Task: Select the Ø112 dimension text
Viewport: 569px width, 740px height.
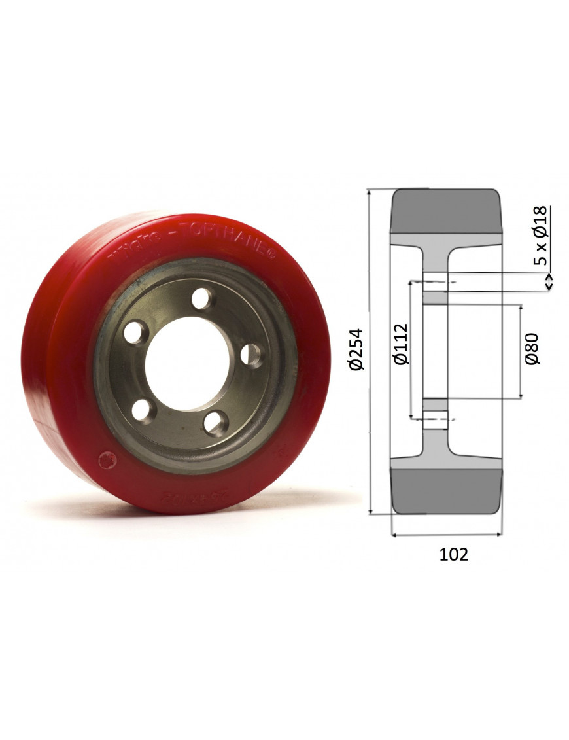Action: (x=400, y=344)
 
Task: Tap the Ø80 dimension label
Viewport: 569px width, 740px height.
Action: (x=532, y=349)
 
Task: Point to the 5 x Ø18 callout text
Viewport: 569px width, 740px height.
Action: (x=540, y=237)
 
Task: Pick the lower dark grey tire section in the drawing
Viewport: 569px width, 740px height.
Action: (x=447, y=490)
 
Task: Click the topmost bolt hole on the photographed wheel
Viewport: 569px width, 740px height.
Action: (x=203, y=300)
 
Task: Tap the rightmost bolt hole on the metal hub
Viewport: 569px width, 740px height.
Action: (x=251, y=355)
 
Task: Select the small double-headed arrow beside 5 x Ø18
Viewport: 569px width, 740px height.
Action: (x=549, y=281)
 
